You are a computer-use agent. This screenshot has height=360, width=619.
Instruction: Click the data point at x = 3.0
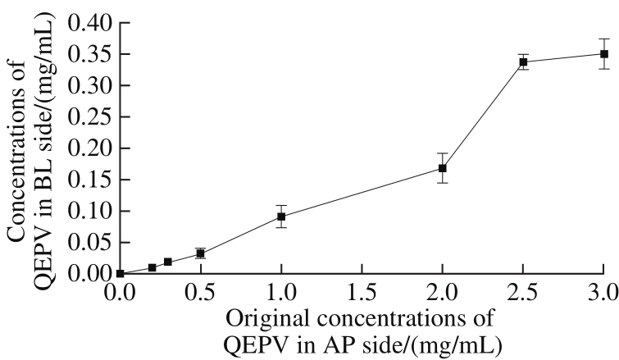tap(603, 54)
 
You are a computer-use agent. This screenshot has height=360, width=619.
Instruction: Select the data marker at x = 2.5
tap(523, 62)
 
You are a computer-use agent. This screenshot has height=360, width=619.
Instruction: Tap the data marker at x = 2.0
tap(443, 168)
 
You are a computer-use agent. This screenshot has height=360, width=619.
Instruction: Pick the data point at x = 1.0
tap(281, 216)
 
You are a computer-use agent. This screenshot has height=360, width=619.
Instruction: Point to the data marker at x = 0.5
tap(200, 253)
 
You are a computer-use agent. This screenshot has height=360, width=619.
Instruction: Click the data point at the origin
tap(120, 273)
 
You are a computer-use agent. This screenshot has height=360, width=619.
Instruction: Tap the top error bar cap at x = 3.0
tap(603, 39)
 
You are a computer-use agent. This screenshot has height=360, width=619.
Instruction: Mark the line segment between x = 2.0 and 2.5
tap(483, 115)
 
